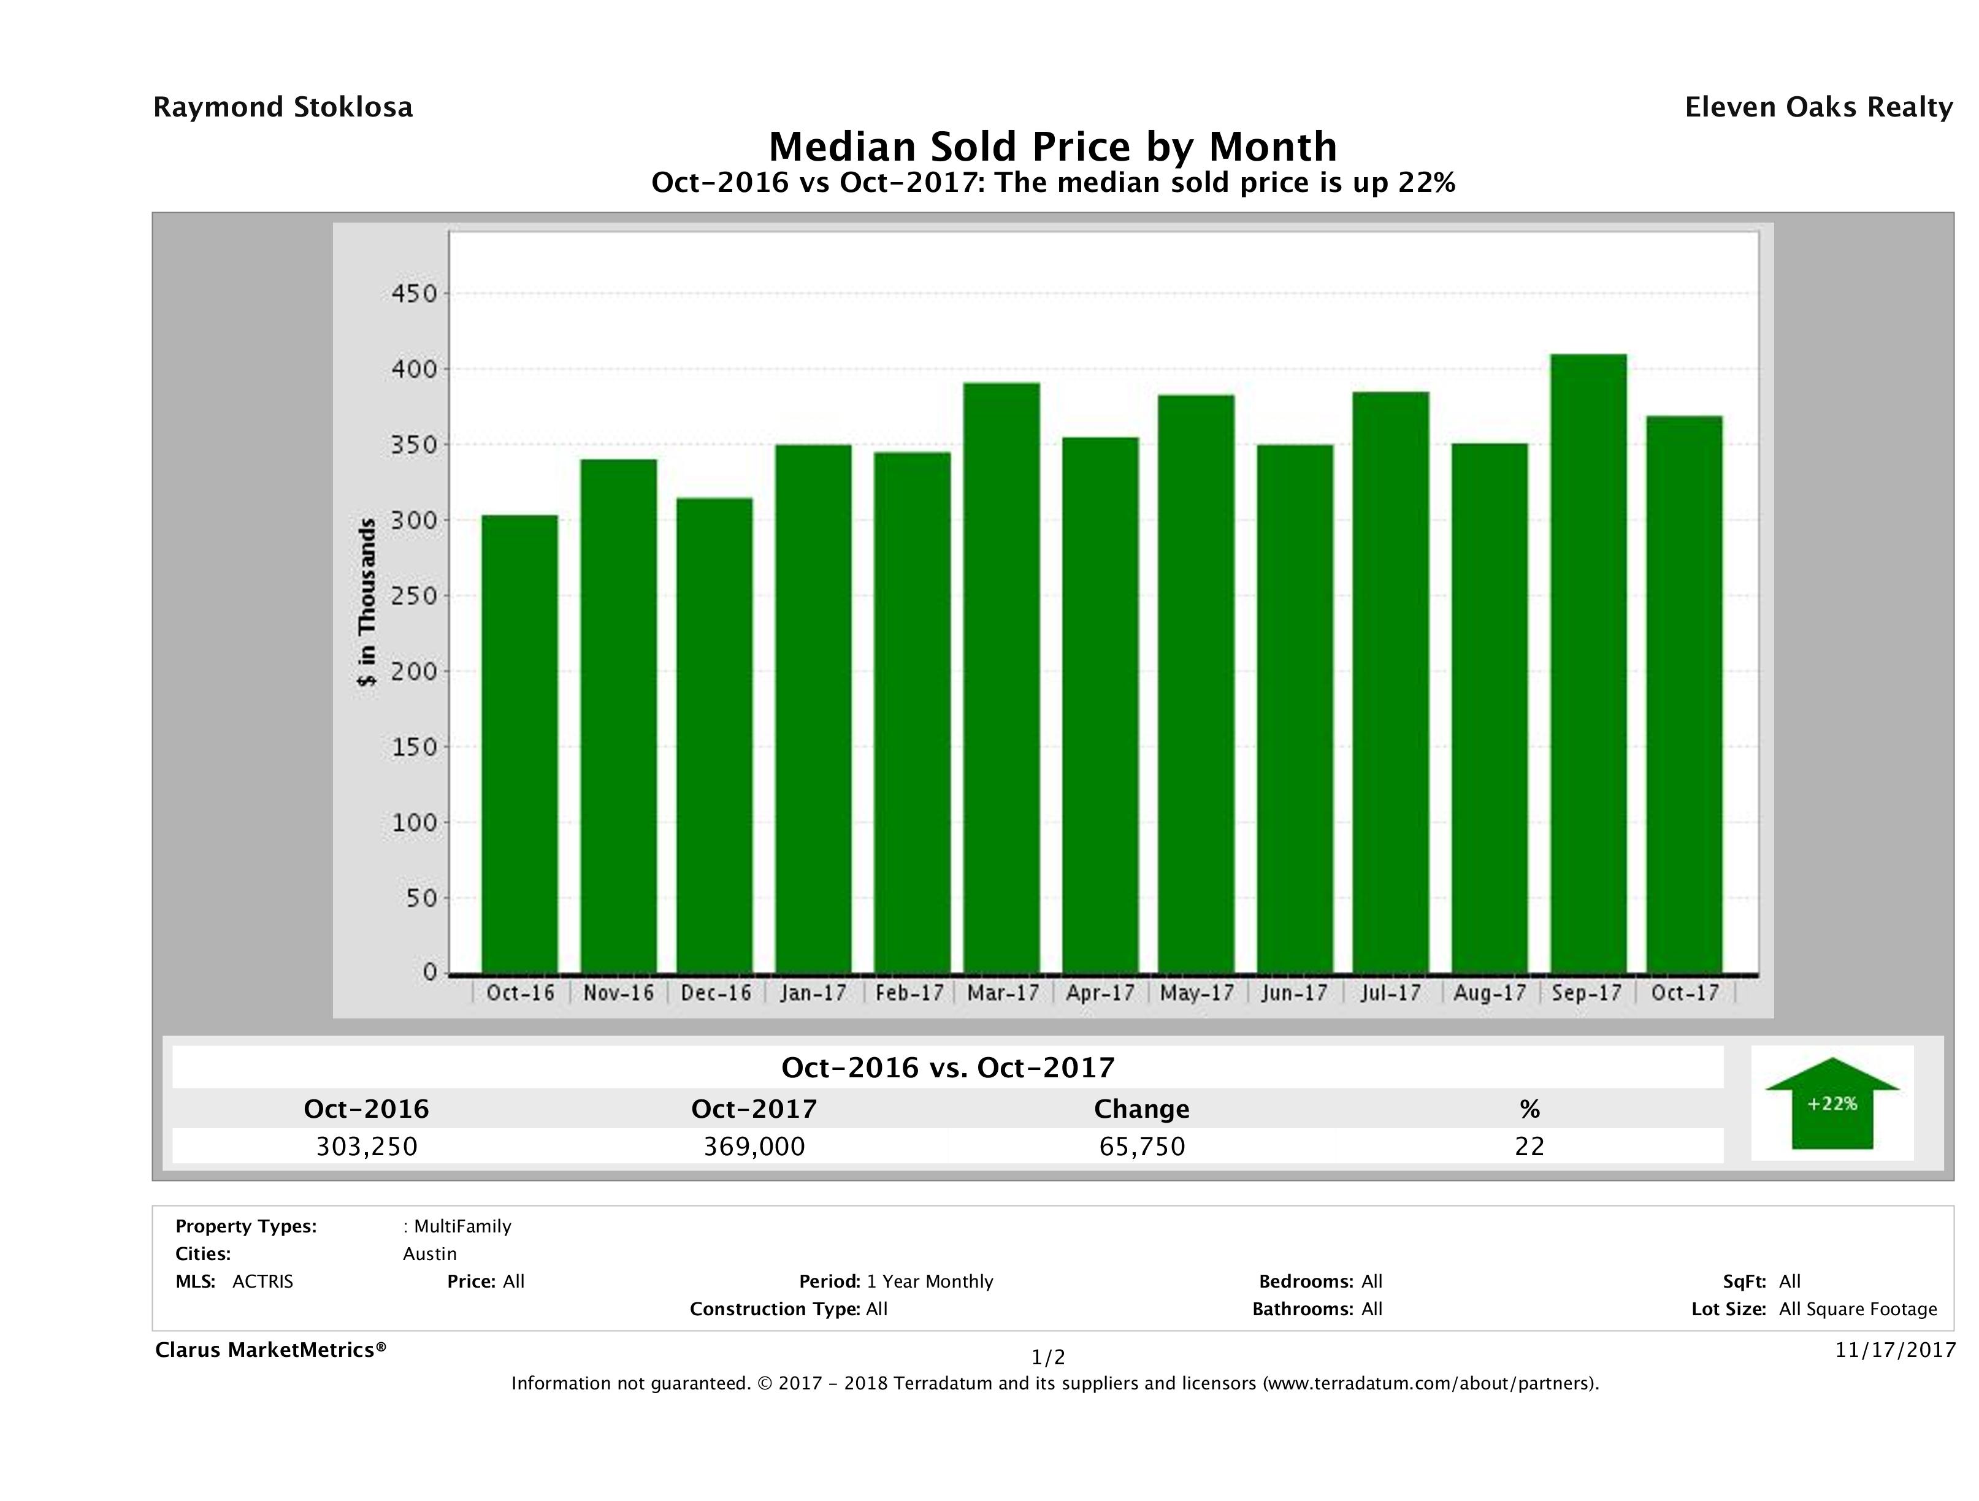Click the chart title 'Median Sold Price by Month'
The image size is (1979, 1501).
click(1052, 146)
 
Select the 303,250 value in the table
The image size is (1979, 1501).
click(367, 1146)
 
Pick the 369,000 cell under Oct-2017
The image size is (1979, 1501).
click(754, 1146)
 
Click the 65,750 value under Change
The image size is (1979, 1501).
click(1142, 1146)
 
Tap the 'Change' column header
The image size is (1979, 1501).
click(1142, 1109)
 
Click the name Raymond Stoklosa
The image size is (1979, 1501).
click(283, 107)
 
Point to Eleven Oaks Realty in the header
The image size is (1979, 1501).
click(1818, 107)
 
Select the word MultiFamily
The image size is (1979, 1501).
click(462, 1226)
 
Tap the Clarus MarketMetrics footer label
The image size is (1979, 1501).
click(270, 1350)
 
